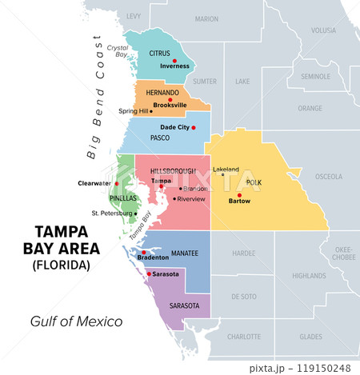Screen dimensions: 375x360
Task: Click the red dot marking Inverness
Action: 174,60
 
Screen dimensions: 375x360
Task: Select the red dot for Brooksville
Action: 170,100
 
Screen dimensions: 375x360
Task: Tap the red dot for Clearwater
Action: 117,183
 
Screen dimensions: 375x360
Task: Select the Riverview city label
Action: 192,198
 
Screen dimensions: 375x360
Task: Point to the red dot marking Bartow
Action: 239,194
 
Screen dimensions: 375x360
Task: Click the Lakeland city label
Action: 226,170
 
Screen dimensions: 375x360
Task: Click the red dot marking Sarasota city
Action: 149,274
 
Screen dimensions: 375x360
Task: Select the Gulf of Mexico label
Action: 77,321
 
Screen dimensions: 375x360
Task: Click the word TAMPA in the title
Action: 61,233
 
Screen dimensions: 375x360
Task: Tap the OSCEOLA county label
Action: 329,176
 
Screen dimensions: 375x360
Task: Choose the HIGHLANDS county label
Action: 304,275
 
